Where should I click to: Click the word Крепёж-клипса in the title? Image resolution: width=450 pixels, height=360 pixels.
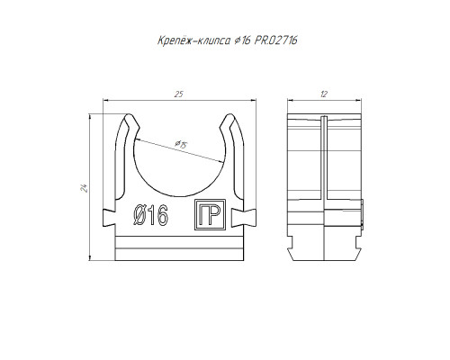pyautogui.click(x=194, y=40)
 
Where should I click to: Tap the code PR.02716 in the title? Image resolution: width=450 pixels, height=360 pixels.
pyautogui.click(x=276, y=40)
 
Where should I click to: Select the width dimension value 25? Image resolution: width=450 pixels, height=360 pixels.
pyautogui.click(x=178, y=94)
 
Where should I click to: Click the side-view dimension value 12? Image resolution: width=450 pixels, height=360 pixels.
pyautogui.click(x=324, y=94)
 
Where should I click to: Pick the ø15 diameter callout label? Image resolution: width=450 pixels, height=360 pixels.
pyautogui.click(x=181, y=145)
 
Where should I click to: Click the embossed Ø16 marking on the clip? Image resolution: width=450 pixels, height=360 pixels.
pyautogui.click(x=151, y=215)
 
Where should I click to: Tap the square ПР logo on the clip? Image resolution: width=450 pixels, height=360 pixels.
pyautogui.click(x=210, y=215)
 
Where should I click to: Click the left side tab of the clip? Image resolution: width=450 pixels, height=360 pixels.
pyautogui.click(x=109, y=218)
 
